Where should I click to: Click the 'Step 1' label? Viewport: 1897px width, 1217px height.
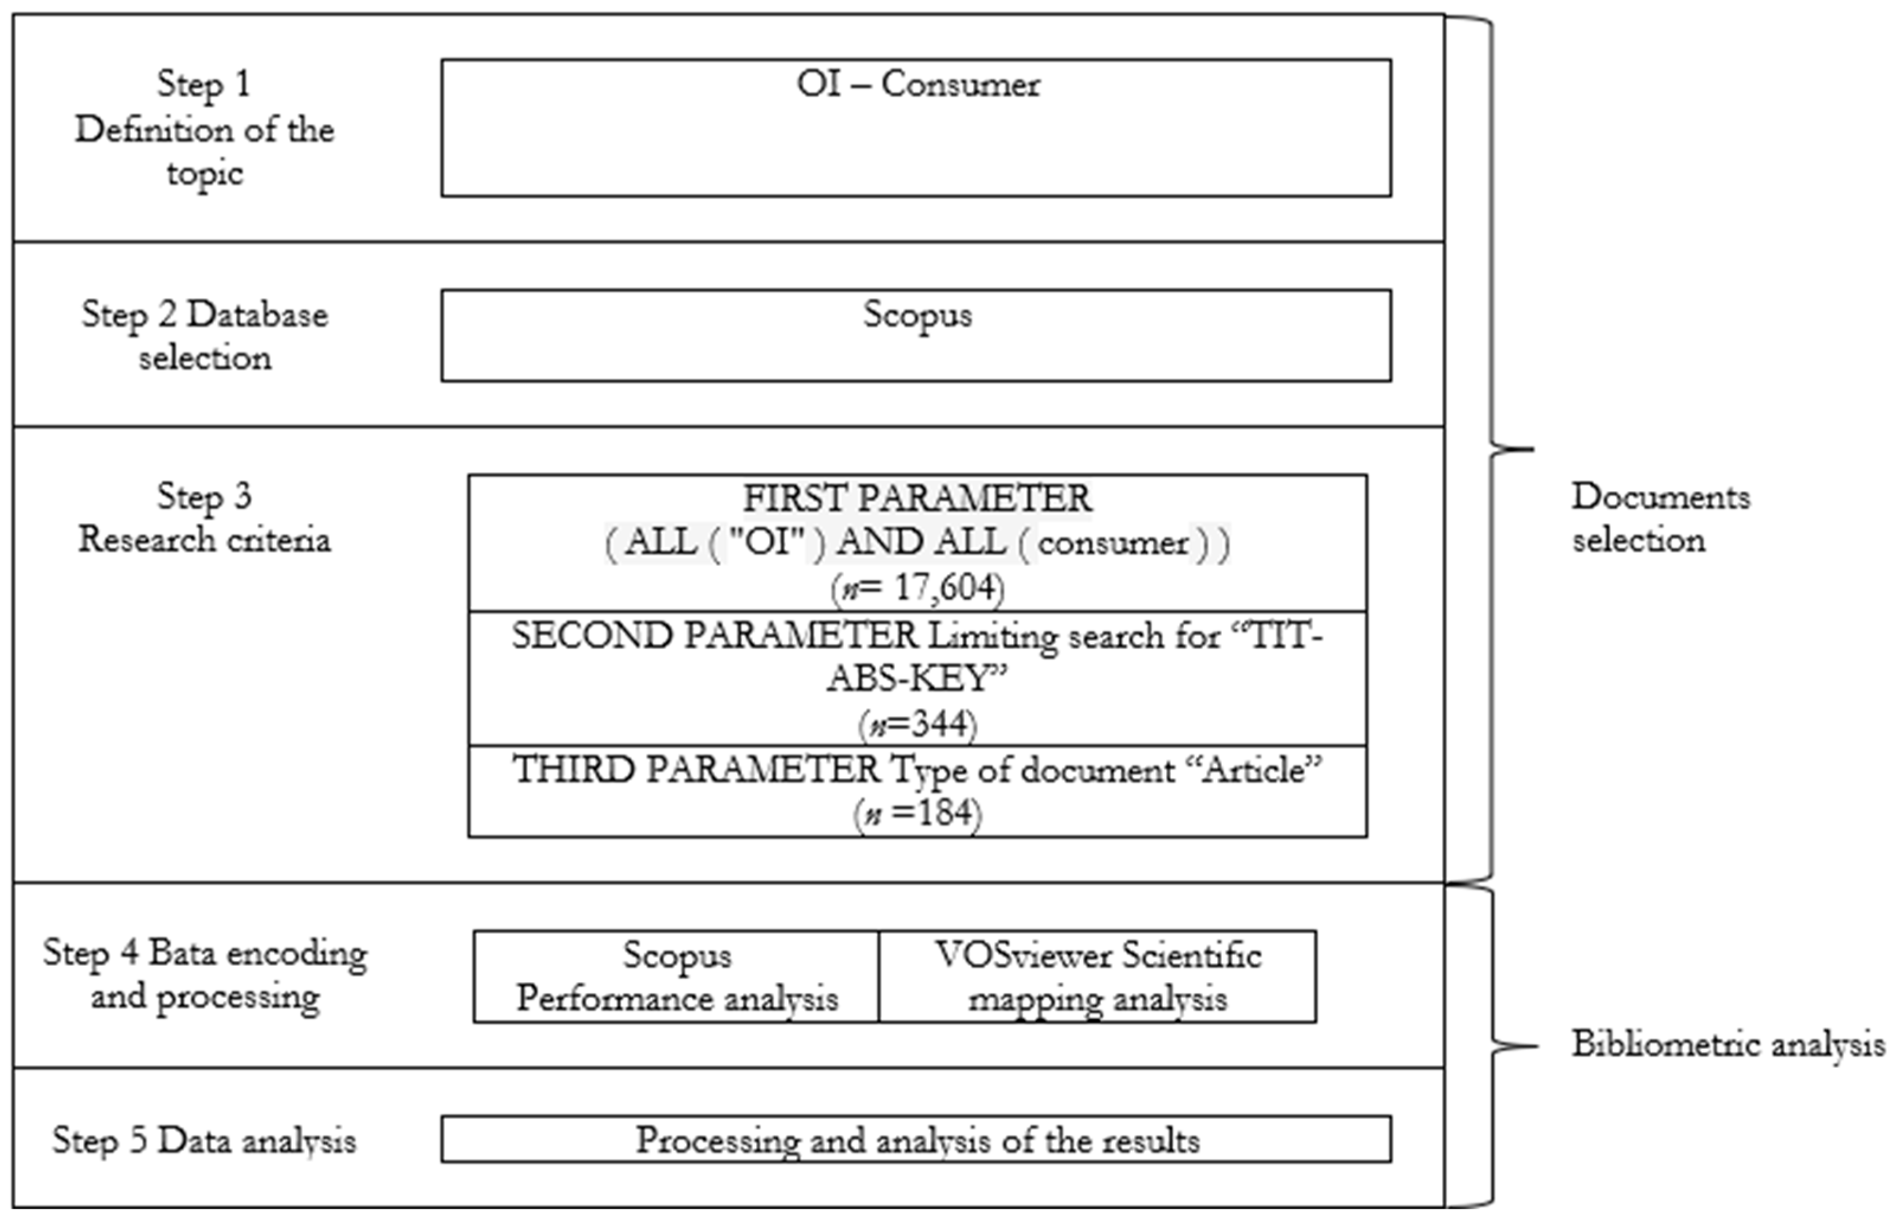tap(204, 84)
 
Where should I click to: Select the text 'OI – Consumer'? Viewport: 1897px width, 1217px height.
tap(917, 84)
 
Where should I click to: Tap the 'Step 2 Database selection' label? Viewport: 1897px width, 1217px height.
tap(204, 336)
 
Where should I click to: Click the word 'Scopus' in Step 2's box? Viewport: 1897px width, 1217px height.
tap(917, 315)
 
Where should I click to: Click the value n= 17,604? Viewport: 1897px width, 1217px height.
tap(917, 588)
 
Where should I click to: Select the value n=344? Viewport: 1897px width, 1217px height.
tap(917, 724)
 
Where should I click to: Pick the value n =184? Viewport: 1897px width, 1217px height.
tap(917, 813)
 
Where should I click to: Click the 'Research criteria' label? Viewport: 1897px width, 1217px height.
tap(204, 540)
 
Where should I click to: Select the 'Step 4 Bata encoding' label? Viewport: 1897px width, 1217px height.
tap(204, 953)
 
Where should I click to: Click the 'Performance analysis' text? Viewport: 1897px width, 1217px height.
tap(677, 999)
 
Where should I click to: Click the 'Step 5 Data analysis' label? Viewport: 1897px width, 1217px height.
tap(204, 1141)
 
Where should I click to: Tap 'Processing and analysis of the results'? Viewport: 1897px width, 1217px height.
tap(917, 1141)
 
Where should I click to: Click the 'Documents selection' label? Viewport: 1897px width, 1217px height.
tap(1660, 518)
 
